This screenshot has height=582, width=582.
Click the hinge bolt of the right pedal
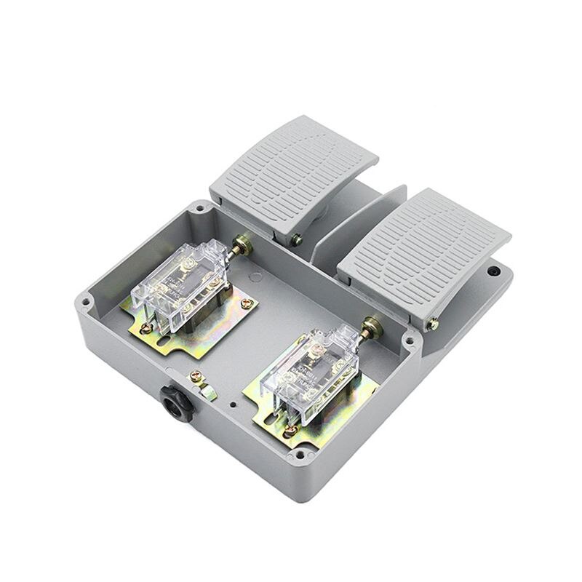(x=434, y=323)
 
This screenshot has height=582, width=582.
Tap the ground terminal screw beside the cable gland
(x=194, y=377)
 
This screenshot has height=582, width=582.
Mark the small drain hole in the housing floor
(x=231, y=402)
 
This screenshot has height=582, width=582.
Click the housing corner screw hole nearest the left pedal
(x=199, y=212)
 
